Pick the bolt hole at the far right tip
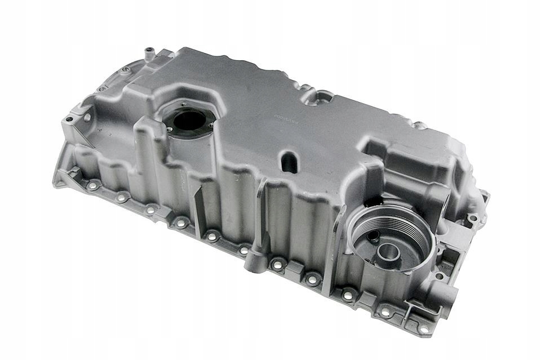474,217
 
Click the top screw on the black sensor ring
183,104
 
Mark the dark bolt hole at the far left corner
69,119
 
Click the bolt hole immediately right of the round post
278,264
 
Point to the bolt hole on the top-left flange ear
125,70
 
